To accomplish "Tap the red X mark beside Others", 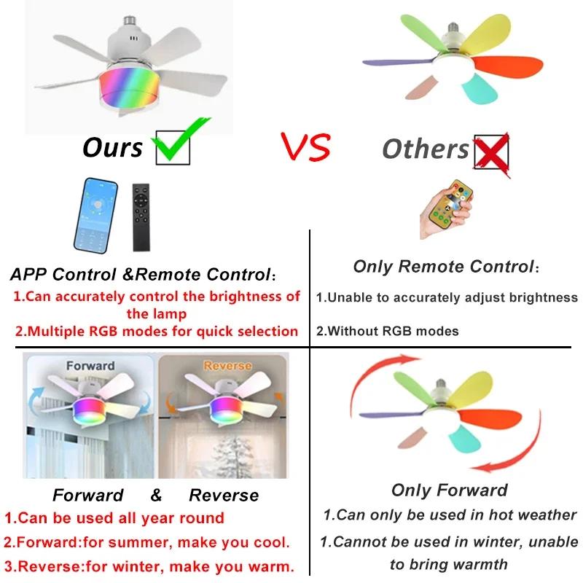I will click(x=491, y=152).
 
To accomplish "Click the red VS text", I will click(x=305, y=147).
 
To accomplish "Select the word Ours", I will click(x=112, y=147).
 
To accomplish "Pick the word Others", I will click(x=426, y=149).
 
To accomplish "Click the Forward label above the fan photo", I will click(x=90, y=365).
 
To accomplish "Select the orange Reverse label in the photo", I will click(x=227, y=365).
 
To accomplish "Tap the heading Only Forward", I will click(x=449, y=490).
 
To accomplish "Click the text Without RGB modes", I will click(x=387, y=331).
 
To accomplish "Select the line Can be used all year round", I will click(x=114, y=518).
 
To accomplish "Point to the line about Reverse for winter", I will click(x=149, y=566).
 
